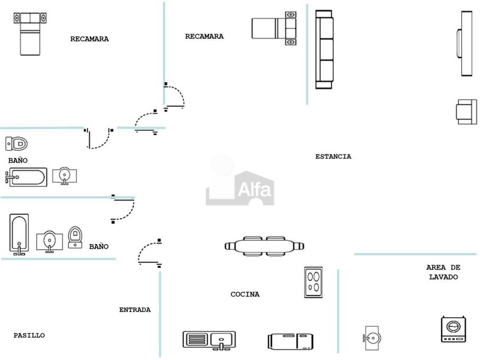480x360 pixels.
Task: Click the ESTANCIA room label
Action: pos(333,157)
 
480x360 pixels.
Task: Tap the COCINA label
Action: pos(245,295)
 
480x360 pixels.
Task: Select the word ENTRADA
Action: pos(135,310)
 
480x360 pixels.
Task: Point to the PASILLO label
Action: pos(29,335)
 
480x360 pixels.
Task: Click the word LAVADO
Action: pos(443,277)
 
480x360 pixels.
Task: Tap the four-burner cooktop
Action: pos(313,282)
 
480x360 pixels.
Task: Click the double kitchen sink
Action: pos(208,340)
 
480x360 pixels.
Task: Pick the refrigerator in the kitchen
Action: pos(290,341)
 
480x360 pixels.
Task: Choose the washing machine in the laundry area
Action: pos(452,329)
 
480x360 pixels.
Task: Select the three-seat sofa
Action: pos(324,49)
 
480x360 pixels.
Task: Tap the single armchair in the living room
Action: pos(466,111)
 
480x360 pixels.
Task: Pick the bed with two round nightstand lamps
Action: pos(275,27)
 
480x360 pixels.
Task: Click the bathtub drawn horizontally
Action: pos(26,177)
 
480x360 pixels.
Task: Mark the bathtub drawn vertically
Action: pos(19,234)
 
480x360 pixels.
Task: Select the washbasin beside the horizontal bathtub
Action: pos(65,175)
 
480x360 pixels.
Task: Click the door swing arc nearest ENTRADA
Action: pos(147,252)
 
